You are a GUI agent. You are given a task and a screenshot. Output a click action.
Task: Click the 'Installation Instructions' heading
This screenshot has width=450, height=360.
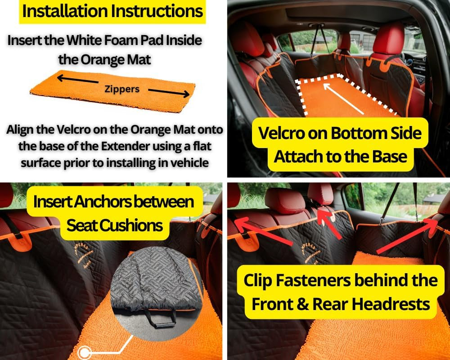(112, 11)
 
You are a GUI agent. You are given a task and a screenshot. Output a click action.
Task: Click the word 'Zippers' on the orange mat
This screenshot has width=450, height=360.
(122, 89)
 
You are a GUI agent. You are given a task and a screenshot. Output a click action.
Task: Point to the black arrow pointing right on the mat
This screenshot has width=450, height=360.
(169, 92)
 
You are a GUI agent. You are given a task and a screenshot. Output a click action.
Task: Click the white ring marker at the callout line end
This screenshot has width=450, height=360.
(84, 352)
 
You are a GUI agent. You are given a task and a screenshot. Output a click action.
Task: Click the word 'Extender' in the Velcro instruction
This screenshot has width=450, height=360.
(125, 146)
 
